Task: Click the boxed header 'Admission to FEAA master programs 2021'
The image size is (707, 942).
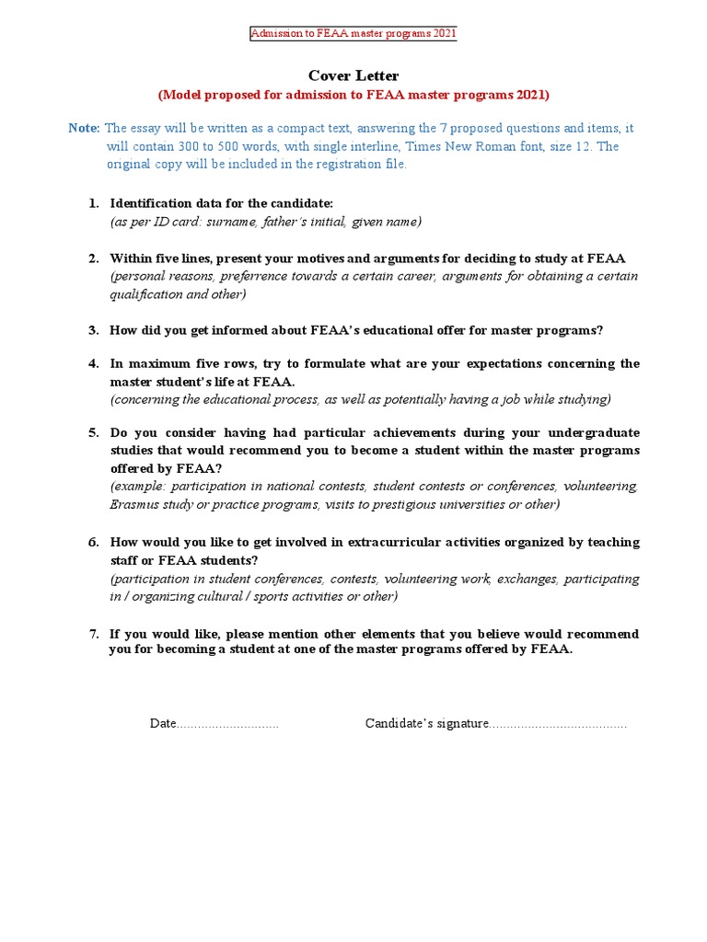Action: point(353,34)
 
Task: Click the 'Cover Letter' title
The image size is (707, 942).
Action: point(353,75)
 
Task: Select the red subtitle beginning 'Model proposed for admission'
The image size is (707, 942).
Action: point(353,95)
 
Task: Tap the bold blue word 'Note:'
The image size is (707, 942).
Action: point(84,128)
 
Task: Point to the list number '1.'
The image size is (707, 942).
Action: point(94,203)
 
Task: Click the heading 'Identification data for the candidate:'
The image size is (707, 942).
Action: point(222,203)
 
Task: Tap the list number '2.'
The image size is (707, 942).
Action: point(94,258)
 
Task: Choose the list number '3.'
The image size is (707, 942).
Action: point(94,330)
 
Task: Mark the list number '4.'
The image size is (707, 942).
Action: point(94,363)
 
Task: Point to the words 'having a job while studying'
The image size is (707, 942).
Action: point(531,399)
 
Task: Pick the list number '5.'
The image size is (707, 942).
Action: point(94,432)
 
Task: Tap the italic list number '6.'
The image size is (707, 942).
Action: point(94,543)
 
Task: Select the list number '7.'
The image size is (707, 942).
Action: point(94,635)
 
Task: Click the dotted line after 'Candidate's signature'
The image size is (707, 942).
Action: point(557,724)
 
